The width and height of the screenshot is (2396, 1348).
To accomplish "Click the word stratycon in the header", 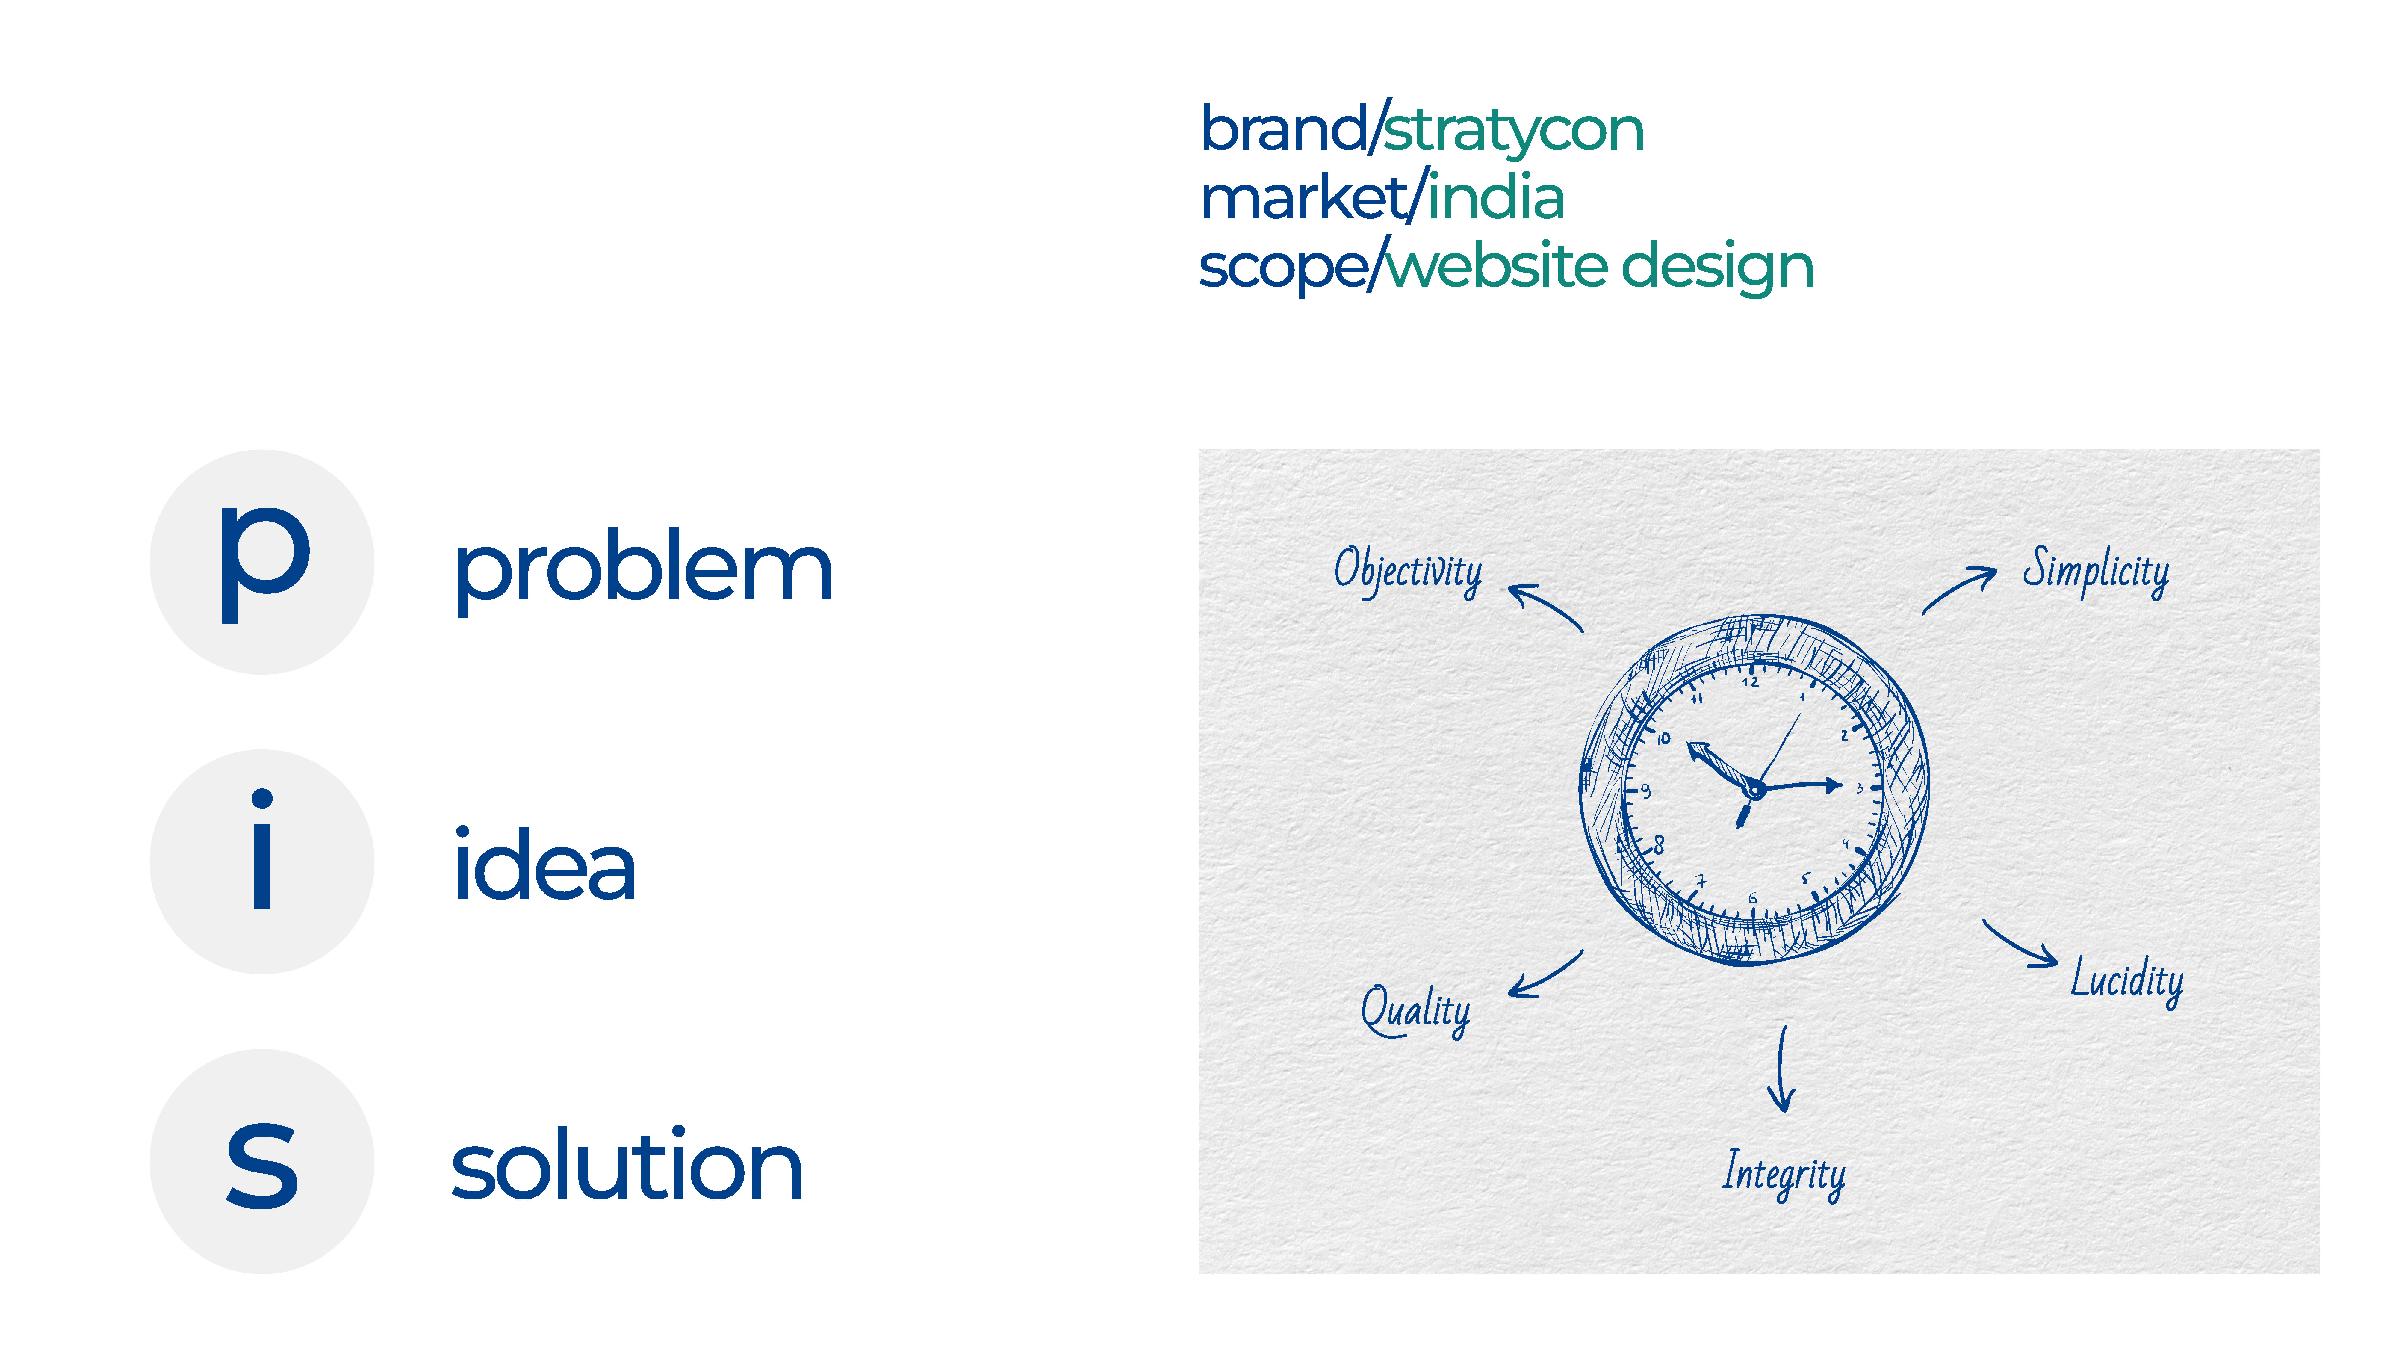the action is (1513, 130).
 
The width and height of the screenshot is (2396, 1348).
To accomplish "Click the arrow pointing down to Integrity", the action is (1782, 1070).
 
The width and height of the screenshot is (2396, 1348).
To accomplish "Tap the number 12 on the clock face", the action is (1750, 682).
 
